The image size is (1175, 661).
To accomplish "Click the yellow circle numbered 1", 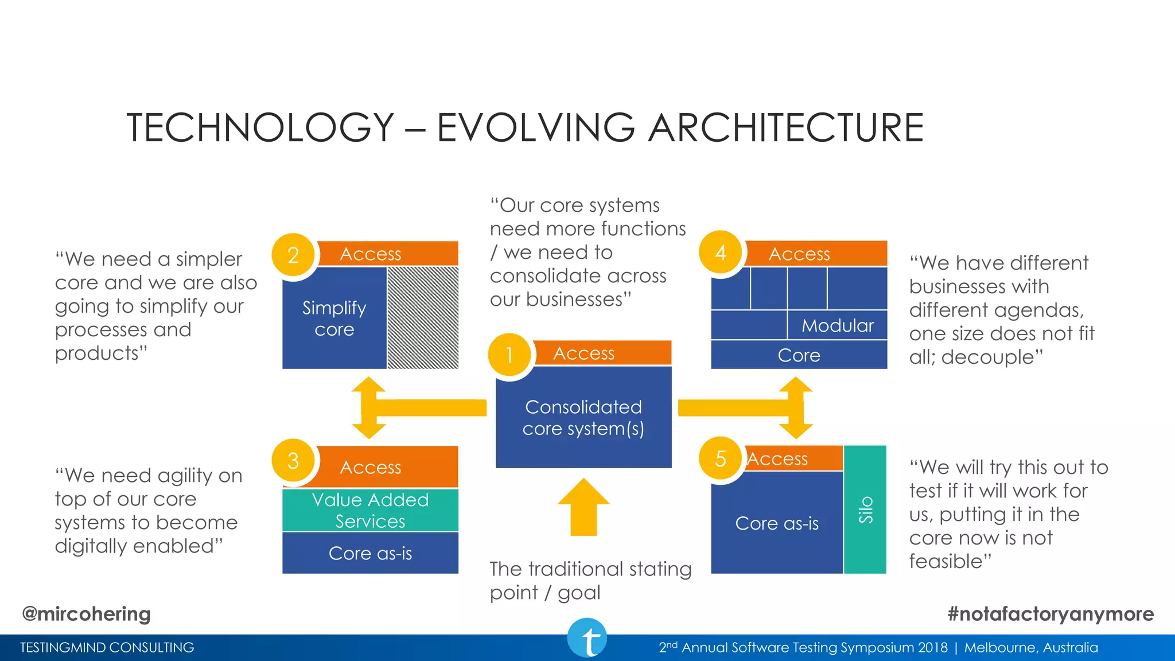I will tap(509, 355).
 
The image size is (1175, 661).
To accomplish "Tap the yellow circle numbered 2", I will tap(293, 255).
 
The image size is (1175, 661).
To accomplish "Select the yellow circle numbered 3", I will tap(293, 460).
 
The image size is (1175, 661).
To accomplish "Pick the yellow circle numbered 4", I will tap(721, 252).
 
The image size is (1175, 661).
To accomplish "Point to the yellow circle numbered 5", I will tap(721, 458).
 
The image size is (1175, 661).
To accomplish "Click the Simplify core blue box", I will tap(334, 318).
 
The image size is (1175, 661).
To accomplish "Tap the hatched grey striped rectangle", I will tap(423, 317).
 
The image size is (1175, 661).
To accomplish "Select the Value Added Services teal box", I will tap(370, 510).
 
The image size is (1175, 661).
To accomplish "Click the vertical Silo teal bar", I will tap(865, 510).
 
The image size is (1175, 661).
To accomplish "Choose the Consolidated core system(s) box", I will tap(583, 417).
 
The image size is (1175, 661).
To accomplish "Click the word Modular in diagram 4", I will tap(838, 325).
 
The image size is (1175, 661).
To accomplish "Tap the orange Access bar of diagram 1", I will tap(602, 353).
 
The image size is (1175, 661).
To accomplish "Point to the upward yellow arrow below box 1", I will tap(583, 507).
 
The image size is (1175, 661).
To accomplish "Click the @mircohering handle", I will tap(86, 614).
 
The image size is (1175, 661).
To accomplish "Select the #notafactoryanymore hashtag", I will tap(1051, 614).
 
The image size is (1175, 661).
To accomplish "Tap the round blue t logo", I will tap(587, 638).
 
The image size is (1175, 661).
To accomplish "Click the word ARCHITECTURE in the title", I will tap(786, 127).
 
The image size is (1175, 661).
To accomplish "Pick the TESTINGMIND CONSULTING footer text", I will tap(107, 648).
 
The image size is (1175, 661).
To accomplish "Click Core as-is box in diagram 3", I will tap(370, 553).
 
